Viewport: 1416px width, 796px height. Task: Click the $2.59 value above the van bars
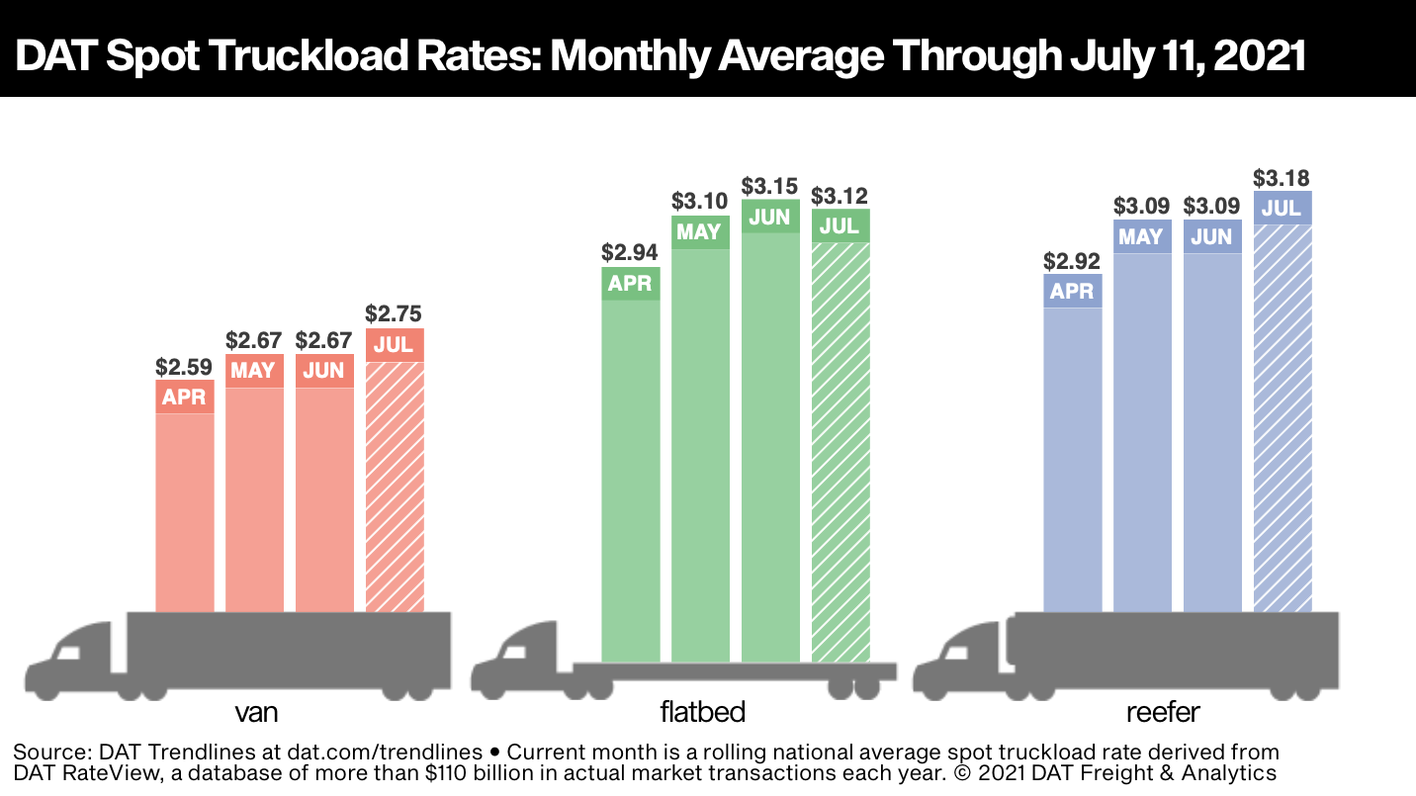point(185,366)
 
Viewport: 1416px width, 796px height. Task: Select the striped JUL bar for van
point(395,485)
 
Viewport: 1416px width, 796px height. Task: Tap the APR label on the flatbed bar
point(631,284)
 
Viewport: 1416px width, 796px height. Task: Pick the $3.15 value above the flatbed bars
point(770,186)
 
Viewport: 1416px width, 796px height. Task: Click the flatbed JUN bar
point(770,445)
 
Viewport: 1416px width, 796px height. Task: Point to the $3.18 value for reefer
point(1282,178)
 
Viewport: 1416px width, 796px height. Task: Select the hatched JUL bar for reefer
point(1282,415)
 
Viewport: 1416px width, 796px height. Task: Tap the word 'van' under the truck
point(255,712)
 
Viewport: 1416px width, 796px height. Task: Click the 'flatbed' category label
point(702,712)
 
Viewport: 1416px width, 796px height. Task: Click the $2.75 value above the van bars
point(395,314)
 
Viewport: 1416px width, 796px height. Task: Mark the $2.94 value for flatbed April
point(631,253)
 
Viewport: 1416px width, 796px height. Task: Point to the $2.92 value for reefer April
point(1073,262)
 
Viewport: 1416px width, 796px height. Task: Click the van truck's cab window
point(67,651)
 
